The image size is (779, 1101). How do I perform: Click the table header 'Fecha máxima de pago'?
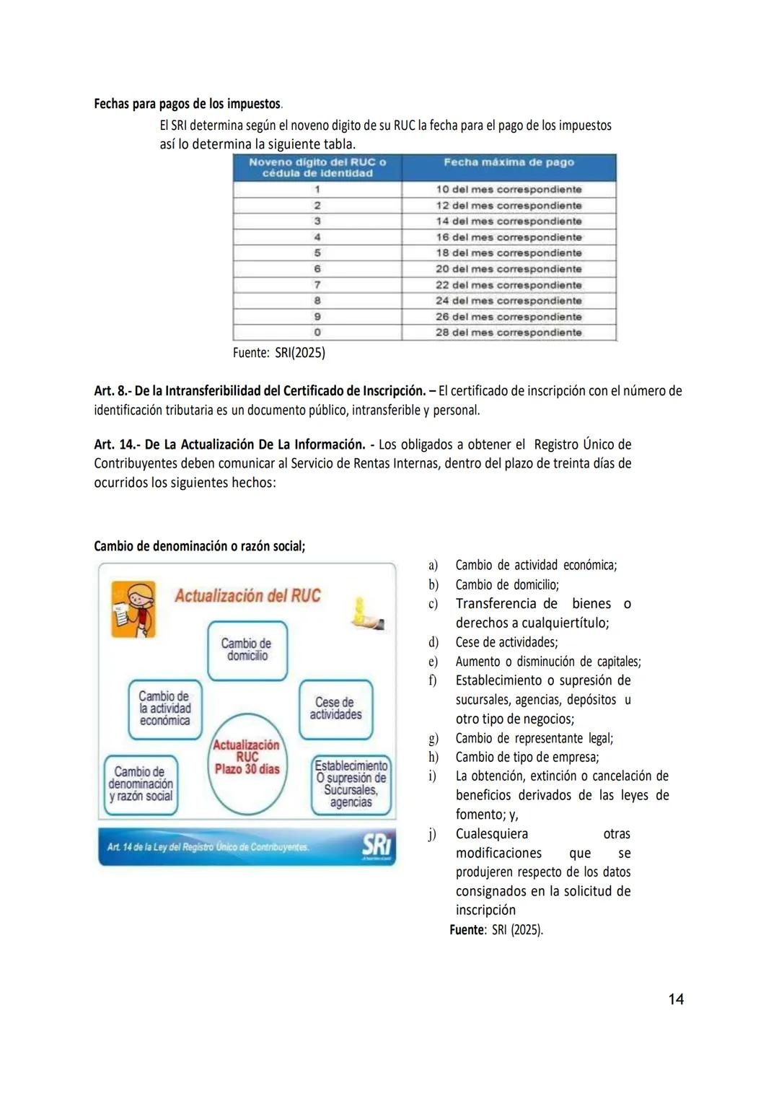[x=509, y=162]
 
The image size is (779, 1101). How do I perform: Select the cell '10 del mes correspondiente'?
[x=509, y=189]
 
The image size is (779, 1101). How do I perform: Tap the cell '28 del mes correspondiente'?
[x=509, y=333]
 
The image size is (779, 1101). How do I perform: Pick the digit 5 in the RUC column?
[x=317, y=253]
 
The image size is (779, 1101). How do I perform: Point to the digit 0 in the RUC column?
[x=317, y=333]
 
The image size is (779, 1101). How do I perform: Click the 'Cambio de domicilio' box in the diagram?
[x=247, y=649]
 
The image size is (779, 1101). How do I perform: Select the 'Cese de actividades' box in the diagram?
[x=335, y=709]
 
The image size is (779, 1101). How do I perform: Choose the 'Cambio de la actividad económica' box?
[x=165, y=709]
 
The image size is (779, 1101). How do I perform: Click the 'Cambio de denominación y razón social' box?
[x=141, y=784]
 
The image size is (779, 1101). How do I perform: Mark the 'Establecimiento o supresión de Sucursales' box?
[x=351, y=784]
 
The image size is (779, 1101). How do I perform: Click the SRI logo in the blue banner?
[x=376, y=847]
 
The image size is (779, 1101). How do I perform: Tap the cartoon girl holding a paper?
[x=134, y=610]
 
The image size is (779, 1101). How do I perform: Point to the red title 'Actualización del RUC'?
[x=247, y=596]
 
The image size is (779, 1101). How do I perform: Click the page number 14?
[x=676, y=999]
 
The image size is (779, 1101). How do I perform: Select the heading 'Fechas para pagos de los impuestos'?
[x=188, y=104]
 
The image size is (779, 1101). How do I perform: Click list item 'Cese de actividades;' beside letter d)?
[x=506, y=642]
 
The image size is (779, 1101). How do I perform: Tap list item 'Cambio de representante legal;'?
[x=534, y=738]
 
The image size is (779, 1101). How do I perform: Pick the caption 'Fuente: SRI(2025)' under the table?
[x=278, y=353]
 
